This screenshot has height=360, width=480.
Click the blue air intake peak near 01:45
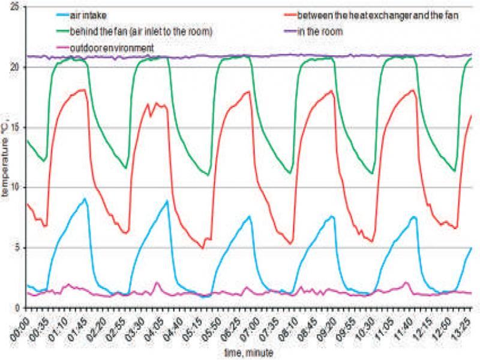click(x=86, y=199)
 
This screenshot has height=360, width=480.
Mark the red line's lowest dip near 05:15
click(x=203, y=248)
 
